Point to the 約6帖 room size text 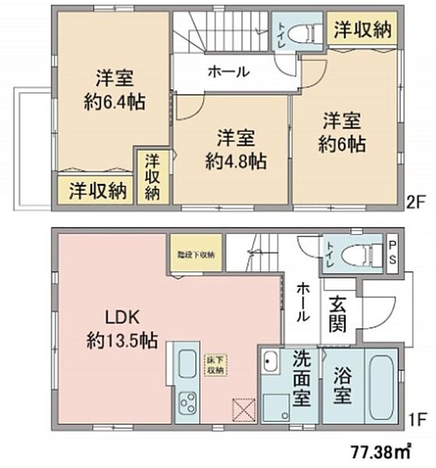pos(341,144)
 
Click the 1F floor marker pos(415,418)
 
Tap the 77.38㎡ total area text pos(381,452)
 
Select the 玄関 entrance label pos(338,311)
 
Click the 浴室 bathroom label pos(341,385)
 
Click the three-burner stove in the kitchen pos(188,404)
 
